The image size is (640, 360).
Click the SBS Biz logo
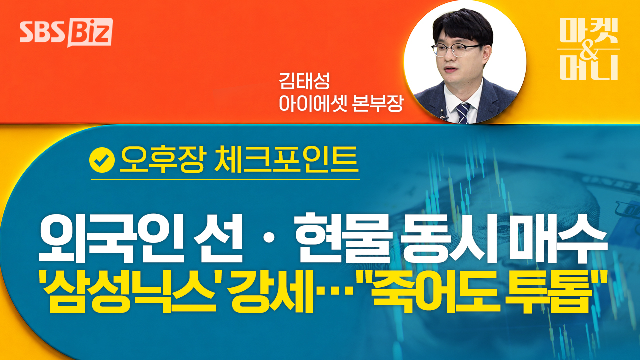pyautogui.click(x=66, y=32)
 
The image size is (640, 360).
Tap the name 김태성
pyautogui.click(x=304, y=81)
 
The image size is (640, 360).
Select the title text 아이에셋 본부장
pyautogui.click(x=341, y=103)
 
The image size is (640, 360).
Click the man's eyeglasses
pyautogui.click(x=456, y=50)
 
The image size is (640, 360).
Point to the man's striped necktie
pyautogui.click(x=463, y=113)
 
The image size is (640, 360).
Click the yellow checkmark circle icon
pyautogui.click(x=102, y=160)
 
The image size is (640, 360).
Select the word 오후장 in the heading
pyautogui.click(x=163, y=160)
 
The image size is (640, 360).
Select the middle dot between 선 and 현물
pyautogui.click(x=269, y=239)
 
